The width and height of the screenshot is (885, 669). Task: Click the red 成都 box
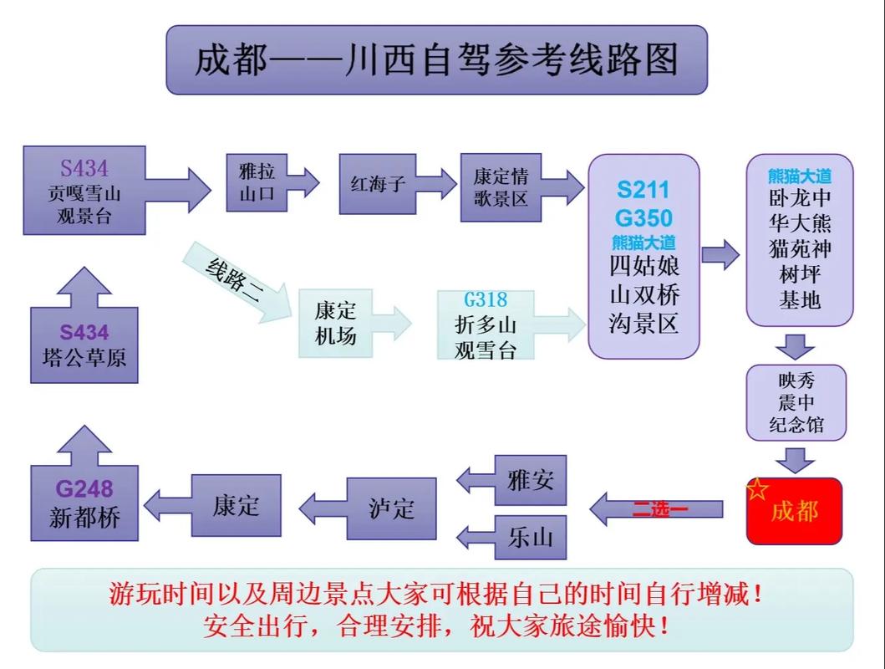point(794,511)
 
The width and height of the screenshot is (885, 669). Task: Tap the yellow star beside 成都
point(757,490)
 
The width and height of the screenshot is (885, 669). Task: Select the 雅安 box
point(530,481)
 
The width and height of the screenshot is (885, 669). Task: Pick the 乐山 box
point(530,536)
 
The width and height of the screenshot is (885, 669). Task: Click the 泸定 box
point(391,508)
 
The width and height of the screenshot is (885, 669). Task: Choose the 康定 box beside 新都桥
point(236,505)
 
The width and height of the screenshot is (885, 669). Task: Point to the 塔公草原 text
point(84,357)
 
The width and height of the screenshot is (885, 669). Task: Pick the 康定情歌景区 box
point(500,187)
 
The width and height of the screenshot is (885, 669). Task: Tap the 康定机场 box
point(335,323)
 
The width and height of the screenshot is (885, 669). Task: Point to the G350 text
point(643,218)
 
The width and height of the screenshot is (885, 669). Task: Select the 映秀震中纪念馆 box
point(796,402)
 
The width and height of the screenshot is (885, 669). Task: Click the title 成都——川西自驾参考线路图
point(436,60)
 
